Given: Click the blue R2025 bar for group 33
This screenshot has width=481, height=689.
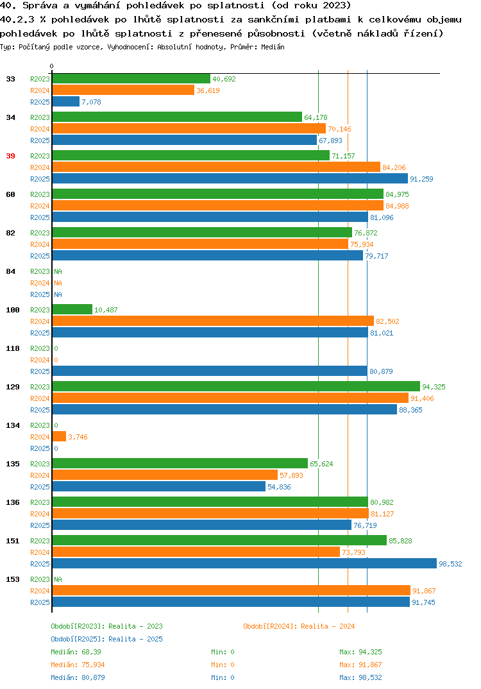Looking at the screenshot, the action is pyautogui.click(x=66, y=101).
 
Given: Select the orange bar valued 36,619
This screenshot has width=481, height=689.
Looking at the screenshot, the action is pyautogui.click(x=123, y=90).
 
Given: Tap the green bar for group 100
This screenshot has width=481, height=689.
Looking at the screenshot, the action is pyautogui.click(x=72, y=309).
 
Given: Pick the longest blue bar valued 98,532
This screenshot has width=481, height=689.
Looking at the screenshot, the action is pyautogui.click(x=244, y=563).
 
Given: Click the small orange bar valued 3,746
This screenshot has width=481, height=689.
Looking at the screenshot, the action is pyautogui.click(x=59, y=436).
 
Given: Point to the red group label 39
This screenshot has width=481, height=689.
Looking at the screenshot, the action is pyautogui.click(x=10, y=156).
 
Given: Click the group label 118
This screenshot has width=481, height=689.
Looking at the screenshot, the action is pyautogui.click(x=13, y=348).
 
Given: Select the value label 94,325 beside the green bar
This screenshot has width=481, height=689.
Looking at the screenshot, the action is pyautogui.click(x=434, y=387).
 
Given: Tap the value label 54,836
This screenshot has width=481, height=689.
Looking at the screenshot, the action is pyautogui.click(x=279, y=487).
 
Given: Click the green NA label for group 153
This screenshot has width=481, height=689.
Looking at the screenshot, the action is pyautogui.click(x=58, y=579).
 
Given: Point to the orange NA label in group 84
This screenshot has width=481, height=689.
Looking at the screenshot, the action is pyautogui.click(x=58, y=283).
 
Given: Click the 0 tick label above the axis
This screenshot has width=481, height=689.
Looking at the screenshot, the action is pyautogui.click(x=52, y=66).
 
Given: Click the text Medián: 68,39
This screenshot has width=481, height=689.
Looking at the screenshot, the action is pyautogui.click(x=76, y=652).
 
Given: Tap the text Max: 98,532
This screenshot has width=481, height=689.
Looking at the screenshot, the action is pyautogui.click(x=360, y=677).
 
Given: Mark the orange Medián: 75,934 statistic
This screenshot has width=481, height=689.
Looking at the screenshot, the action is pyautogui.click(x=78, y=665).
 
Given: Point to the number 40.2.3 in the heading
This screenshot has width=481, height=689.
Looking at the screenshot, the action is pyautogui.click(x=17, y=19).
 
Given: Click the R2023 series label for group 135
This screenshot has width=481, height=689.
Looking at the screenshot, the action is pyautogui.click(x=40, y=464).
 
